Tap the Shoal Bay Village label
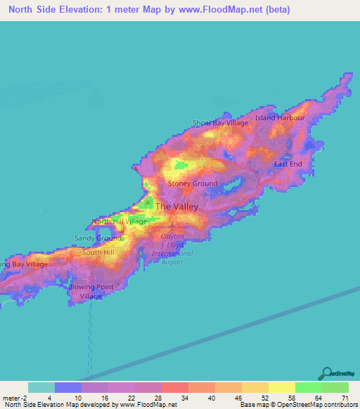221,123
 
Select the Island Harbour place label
280,118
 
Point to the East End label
288,164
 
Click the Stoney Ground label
193,183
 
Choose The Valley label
176,207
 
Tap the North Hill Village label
120,221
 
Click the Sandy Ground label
98,238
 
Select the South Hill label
98,252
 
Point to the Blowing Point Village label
85,292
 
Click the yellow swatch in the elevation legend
282,387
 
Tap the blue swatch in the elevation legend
68,387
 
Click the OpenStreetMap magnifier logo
326,374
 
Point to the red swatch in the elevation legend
175,387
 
